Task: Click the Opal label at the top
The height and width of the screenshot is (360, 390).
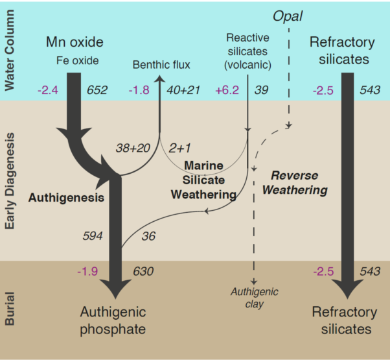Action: click(x=288, y=17)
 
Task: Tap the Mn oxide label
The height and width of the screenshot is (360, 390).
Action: click(x=75, y=42)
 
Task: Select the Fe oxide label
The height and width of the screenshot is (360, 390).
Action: click(x=77, y=60)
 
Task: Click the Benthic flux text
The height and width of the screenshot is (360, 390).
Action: click(x=161, y=65)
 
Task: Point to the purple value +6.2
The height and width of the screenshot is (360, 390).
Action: click(x=227, y=90)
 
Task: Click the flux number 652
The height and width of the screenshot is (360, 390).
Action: click(x=97, y=90)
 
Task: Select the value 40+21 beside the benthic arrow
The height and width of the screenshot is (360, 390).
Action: click(x=183, y=90)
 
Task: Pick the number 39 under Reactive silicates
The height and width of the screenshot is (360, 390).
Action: click(x=261, y=90)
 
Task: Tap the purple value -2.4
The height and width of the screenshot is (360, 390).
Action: click(x=48, y=90)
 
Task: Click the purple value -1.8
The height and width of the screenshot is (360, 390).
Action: click(x=139, y=90)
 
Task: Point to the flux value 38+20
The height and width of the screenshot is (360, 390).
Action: click(x=133, y=148)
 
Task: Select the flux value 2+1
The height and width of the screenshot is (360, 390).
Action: click(x=179, y=148)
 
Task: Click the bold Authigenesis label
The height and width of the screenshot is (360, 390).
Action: click(x=66, y=198)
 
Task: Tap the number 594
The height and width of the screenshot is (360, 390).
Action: click(x=93, y=235)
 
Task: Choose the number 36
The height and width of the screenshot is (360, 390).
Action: click(x=148, y=236)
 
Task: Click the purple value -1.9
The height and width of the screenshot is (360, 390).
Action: click(x=87, y=271)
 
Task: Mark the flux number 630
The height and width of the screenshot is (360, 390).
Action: click(x=143, y=271)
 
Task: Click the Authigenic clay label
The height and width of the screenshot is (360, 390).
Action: click(x=254, y=298)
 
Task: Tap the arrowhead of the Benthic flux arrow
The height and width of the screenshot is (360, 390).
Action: click(x=159, y=79)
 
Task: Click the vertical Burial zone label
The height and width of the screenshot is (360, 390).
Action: click(x=10, y=309)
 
